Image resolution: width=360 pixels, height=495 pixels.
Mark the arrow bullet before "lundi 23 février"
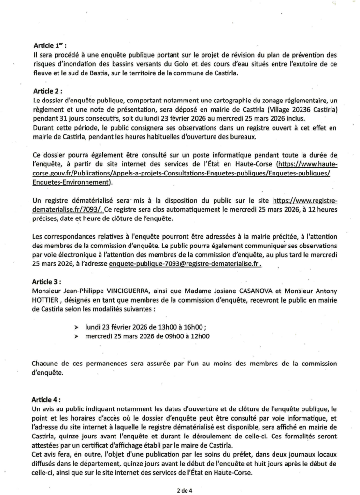pos(77,327)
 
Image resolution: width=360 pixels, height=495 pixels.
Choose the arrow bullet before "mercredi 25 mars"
pos(77,335)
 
